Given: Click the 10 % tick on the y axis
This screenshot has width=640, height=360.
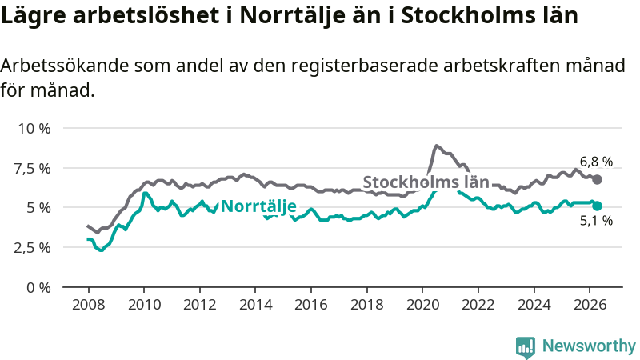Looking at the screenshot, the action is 34,129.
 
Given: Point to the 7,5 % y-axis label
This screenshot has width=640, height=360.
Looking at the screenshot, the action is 33,168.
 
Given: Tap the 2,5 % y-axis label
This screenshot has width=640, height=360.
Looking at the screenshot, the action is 33,248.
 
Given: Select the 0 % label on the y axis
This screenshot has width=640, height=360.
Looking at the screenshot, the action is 38,288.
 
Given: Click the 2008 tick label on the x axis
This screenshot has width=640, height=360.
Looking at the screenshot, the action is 89,305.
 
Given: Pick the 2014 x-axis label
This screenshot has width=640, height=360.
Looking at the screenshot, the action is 255,305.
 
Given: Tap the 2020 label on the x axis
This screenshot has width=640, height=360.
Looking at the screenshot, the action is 422,305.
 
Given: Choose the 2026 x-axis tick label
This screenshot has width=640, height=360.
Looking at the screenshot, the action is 590,305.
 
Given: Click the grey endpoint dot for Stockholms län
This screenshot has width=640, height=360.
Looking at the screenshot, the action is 597,179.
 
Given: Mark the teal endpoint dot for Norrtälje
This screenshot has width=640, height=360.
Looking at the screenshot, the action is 597,206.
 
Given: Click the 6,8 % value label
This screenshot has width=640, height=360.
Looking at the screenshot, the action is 596,162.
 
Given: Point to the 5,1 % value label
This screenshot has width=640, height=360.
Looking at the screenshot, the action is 596,221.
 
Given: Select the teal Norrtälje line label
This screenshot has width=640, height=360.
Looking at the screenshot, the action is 258,206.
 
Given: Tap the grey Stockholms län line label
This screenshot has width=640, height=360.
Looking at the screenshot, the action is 426,182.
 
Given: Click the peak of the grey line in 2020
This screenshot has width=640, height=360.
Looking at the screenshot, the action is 436,146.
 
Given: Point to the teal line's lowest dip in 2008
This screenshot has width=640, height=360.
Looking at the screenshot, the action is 101,250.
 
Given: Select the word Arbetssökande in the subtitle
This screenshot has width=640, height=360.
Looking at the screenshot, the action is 65,66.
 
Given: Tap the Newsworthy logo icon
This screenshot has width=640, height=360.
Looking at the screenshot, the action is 526,347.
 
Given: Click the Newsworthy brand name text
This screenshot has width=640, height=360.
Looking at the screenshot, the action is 589,346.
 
